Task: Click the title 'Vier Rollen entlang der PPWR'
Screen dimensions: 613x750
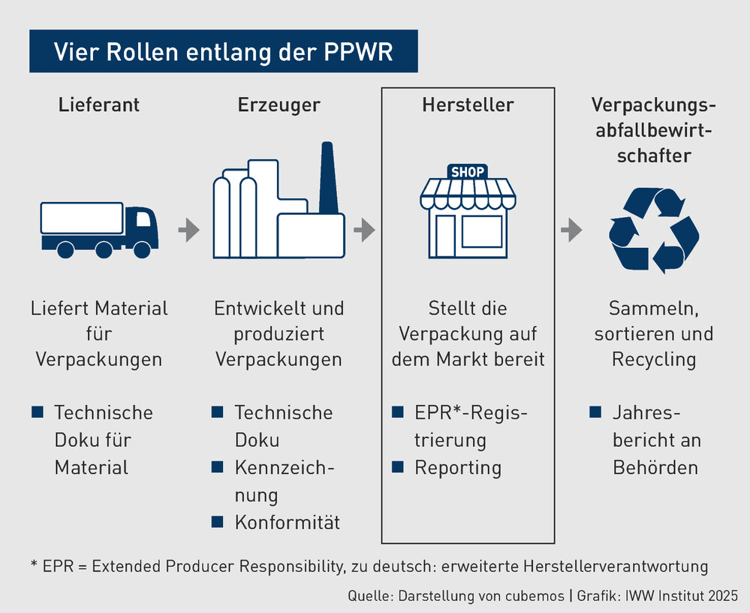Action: (223, 51)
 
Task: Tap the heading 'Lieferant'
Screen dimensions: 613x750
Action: (99, 104)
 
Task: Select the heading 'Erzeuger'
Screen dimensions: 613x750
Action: (279, 104)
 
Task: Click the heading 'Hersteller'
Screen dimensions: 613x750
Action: (468, 104)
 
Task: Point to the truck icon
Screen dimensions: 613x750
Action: (98, 228)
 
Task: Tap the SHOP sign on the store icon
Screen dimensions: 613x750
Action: (467, 172)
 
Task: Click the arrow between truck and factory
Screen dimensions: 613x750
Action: (188, 231)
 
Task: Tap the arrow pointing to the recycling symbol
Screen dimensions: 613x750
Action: (571, 231)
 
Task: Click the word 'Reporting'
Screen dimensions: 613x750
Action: (458, 467)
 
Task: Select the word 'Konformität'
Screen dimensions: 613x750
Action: (288, 522)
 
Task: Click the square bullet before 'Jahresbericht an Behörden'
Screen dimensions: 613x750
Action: (596, 412)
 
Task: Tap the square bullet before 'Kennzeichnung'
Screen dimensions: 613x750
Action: (218, 467)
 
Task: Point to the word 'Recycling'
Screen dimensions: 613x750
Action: (654, 359)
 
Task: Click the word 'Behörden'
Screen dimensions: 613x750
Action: (655, 467)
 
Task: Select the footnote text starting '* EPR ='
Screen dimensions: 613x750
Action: (369, 566)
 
